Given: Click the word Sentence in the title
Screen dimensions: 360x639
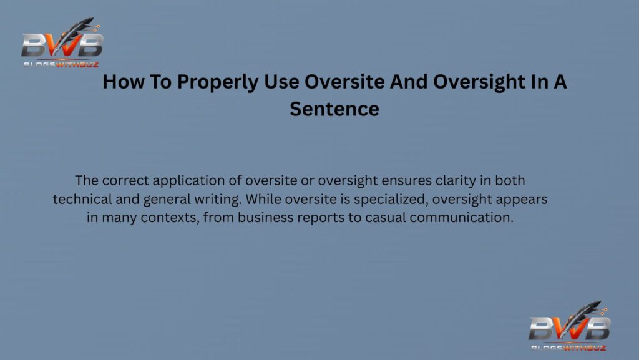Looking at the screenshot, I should coord(334,109).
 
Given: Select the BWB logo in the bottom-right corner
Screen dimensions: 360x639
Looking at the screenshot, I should coord(569,328).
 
